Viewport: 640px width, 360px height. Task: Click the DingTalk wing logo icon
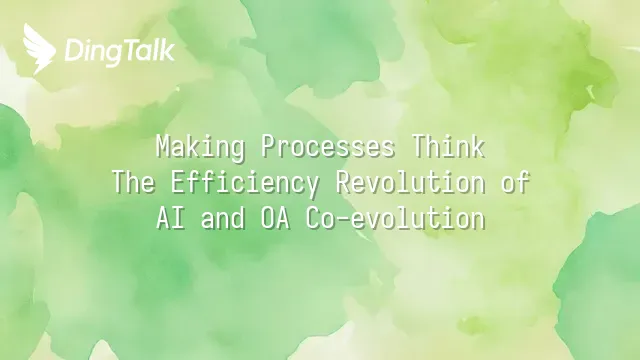(39, 49)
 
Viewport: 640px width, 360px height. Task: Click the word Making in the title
(200, 147)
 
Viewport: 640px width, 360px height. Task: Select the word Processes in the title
(328, 147)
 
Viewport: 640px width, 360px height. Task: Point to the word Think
(448, 146)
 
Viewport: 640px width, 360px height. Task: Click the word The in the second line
(133, 182)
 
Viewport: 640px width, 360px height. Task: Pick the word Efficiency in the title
(245, 184)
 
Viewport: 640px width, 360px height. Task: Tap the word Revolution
(411, 182)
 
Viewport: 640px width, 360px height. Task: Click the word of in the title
(516, 182)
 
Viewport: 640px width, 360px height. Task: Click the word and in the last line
(223, 218)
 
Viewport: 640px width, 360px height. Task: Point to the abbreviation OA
(275, 218)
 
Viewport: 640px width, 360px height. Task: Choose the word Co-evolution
(395, 218)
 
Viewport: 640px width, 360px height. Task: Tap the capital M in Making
(163, 147)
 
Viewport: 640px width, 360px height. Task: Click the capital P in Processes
(268, 147)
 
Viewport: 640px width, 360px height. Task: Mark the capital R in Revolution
(342, 182)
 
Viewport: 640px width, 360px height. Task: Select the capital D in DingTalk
(73, 51)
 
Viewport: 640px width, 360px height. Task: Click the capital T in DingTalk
(132, 51)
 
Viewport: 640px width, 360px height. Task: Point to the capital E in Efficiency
(178, 182)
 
